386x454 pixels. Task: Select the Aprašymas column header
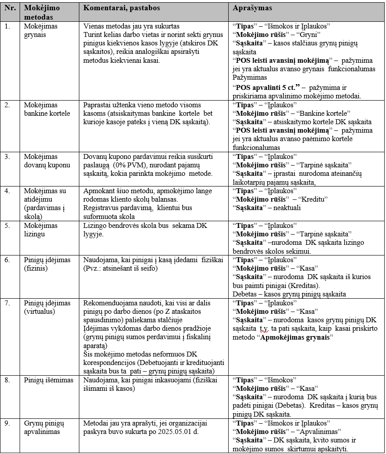253,8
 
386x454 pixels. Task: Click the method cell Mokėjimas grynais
41,30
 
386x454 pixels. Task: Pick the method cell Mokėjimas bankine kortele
47,109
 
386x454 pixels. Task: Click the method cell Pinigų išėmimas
45,380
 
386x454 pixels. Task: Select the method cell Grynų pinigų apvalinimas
45,427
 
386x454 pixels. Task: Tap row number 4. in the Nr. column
7,191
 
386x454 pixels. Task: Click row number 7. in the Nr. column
7,303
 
